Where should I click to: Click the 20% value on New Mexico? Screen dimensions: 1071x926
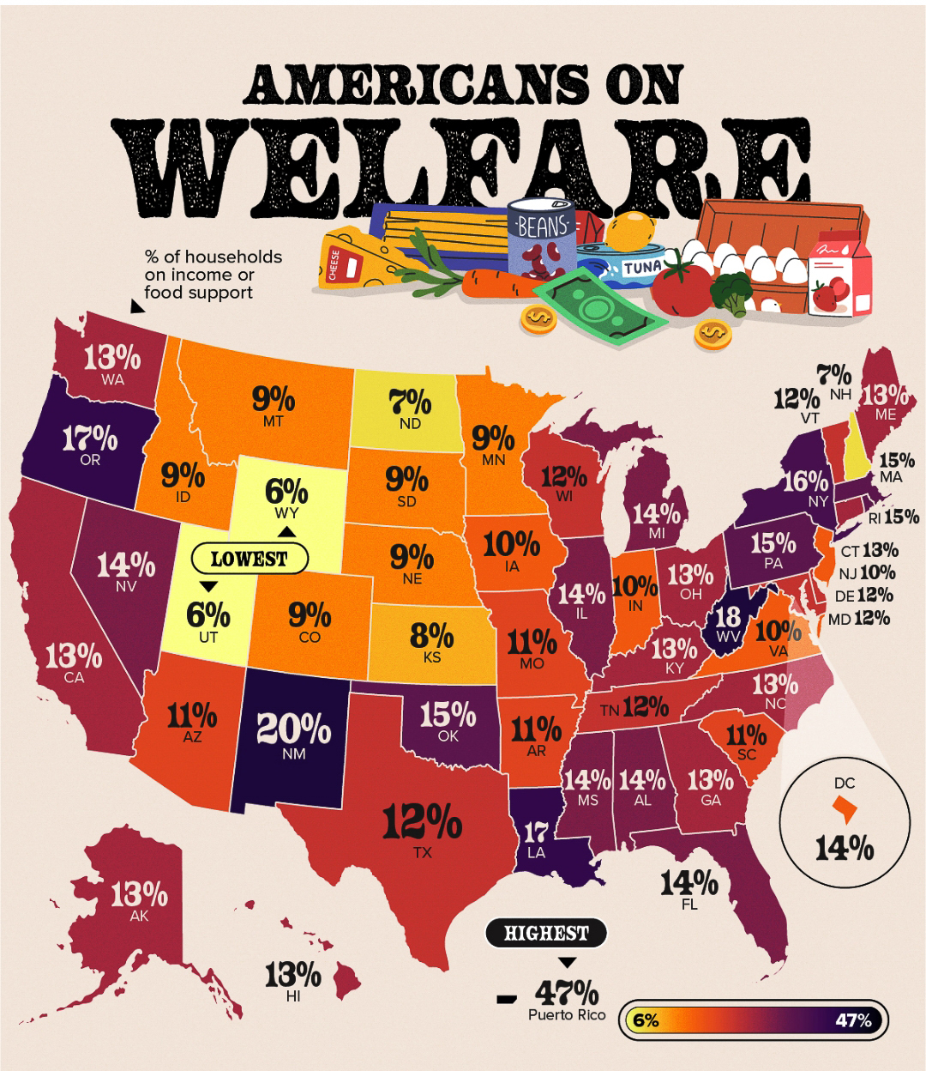pos(294,729)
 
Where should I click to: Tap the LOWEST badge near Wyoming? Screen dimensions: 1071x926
pos(249,559)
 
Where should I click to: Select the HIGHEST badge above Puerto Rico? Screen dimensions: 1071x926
pos(546,933)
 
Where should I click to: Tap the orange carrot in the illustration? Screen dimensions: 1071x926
pos(497,284)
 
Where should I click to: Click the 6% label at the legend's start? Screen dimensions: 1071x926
pos(646,1020)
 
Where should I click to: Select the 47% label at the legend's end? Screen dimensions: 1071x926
pos(853,1020)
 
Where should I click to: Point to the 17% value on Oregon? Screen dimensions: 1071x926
pos(89,439)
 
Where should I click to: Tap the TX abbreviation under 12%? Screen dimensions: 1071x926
pos(422,853)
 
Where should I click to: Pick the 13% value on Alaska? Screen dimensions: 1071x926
pos(138,894)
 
